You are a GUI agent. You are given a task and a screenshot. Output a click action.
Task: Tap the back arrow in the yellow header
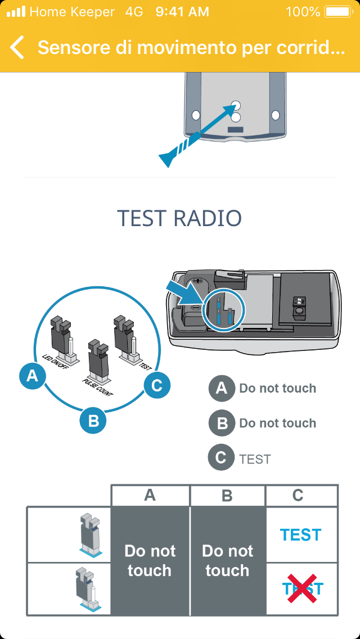(x=17, y=48)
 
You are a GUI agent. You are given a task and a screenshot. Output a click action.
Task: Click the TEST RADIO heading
(x=179, y=218)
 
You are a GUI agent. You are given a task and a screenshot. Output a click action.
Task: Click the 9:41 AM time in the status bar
(x=182, y=12)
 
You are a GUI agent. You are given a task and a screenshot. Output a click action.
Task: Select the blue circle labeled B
(x=93, y=420)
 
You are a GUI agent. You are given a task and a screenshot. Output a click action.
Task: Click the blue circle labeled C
(x=157, y=385)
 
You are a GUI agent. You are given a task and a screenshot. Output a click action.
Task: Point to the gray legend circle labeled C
(x=221, y=458)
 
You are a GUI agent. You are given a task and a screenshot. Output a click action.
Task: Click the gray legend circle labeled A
(x=222, y=388)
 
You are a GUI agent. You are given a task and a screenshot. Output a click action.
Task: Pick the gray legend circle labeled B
(x=222, y=423)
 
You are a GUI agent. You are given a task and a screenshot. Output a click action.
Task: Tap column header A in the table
(x=150, y=496)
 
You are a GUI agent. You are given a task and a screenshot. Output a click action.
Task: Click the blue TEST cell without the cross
(x=301, y=534)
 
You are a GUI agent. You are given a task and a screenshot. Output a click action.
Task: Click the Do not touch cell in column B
(x=227, y=560)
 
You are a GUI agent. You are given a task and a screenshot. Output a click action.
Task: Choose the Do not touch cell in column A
(x=150, y=560)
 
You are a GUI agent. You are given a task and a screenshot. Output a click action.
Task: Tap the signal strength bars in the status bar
(x=16, y=12)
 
